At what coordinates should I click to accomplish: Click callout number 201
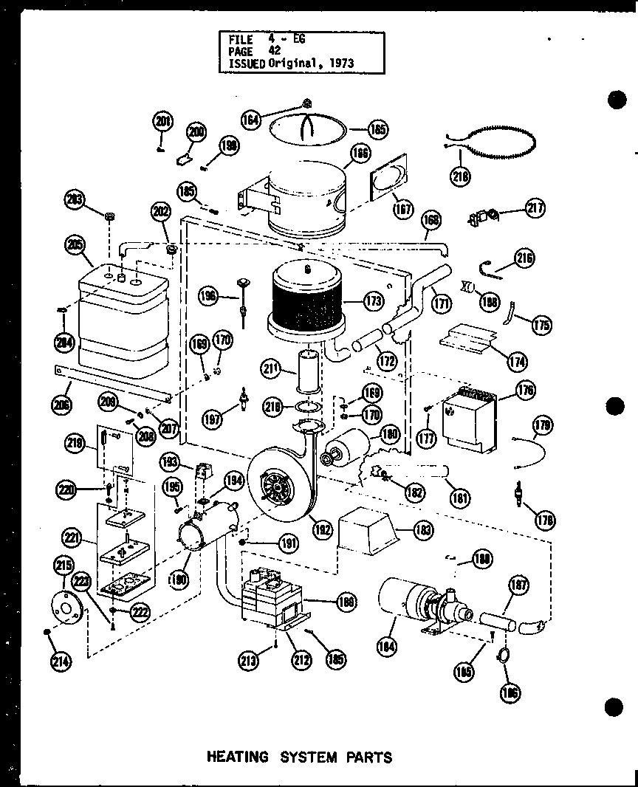pos(162,121)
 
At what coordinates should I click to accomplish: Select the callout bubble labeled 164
pos(253,119)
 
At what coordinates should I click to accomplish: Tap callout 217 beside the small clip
pos(535,209)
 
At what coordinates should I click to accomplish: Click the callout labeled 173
pos(374,300)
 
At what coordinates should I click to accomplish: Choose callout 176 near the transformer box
pos(526,390)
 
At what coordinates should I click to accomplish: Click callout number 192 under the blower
pos(321,529)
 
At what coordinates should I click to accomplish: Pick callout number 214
pos(61,661)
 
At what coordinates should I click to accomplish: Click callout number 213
pos(253,660)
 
